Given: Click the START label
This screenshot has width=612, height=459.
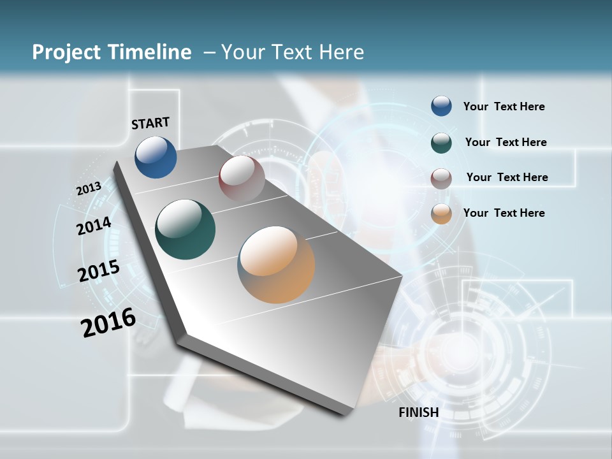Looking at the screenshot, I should (150, 123).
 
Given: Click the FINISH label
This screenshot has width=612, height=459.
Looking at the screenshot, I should (419, 412).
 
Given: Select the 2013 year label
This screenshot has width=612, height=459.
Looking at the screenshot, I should (89, 189).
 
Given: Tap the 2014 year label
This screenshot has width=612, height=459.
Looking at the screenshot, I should (94, 226).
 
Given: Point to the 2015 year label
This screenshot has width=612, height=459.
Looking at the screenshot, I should (98, 271).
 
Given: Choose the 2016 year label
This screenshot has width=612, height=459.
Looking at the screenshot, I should (108, 323).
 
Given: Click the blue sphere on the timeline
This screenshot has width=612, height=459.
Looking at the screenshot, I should (156, 157).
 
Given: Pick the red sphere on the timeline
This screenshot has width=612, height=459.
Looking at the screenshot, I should (242, 178).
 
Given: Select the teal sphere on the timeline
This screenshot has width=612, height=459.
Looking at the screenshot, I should (185, 229).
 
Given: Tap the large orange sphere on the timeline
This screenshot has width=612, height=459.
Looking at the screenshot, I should (276, 264).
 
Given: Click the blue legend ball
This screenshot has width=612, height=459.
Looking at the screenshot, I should (441, 106).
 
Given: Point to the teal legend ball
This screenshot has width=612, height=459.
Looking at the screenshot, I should (441, 142).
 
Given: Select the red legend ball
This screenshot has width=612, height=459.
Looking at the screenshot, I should (441, 178).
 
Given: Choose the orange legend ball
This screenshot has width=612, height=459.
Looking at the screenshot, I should (441, 214).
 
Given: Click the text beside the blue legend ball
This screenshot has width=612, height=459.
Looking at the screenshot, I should (504, 106).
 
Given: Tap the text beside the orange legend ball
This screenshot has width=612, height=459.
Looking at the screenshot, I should (504, 213).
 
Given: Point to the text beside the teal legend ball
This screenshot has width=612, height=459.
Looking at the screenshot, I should (506, 142).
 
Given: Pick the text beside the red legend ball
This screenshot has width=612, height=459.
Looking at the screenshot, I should (507, 177).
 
